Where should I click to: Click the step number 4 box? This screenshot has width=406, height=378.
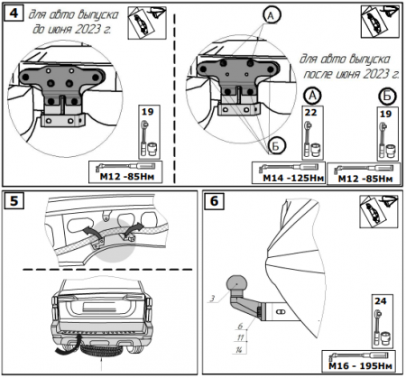[x=14, y=14]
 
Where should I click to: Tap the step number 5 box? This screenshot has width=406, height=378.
[x=14, y=201]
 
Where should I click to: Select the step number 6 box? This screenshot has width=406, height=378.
[x=214, y=201]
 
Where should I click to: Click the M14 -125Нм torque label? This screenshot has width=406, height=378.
[x=293, y=178]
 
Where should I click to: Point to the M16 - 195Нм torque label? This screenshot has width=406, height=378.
[x=360, y=366]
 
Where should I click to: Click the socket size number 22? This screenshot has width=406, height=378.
[x=310, y=113]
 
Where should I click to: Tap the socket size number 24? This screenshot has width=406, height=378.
[x=381, y=300]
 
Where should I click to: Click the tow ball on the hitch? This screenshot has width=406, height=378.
[x=236, y=284]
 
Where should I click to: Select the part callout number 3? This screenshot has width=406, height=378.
[x=212, y=299]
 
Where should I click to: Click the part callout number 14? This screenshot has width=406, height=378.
[x=239, y=350]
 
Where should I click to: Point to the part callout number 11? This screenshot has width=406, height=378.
[x=240, y=337]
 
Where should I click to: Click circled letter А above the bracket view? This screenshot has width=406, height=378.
[x=272, y=15]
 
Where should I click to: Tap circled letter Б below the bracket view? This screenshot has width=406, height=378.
[x=275, y=146]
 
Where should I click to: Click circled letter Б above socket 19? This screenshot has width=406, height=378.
[x=387, y=97]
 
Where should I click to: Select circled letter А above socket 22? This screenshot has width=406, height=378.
[x=312, y=96]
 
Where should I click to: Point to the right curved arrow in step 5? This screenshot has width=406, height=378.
[x=134, y=229]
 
